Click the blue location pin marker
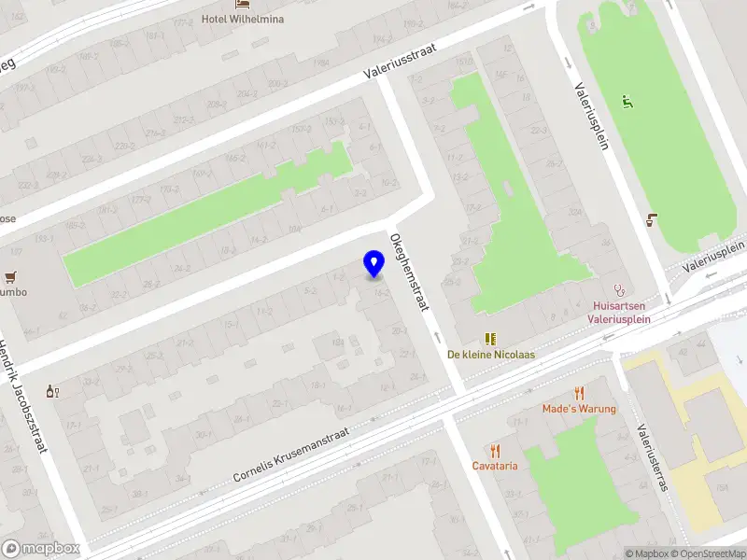pyautogui.click(x=373, y=264)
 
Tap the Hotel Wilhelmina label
pyautogui.click(x=243, y=19)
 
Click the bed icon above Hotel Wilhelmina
pyautogui.click(x=243, y=5)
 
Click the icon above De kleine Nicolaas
pyautogui.click(x=489, y=338)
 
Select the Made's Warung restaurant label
pyautogui.click(x=579, y=409)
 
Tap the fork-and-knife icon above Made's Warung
pyautogui.click(x=579, y=393)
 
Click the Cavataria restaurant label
pyautogui.click(x=495, y=466)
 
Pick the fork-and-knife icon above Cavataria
pyautogui.click(x=495, y=450)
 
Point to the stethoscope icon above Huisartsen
pyautogui.click(x=617, y=289)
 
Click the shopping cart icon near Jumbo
pyautogui.click(x=10, y=276)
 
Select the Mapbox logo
pyautogui.click(x=39, y=549)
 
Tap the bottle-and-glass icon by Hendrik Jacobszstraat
pyautogui.click(x=52, y=392)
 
